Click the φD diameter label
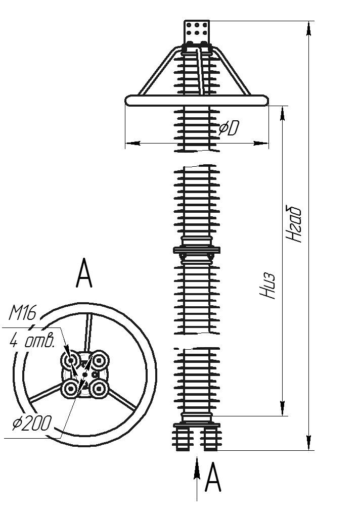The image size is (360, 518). click(228, 129)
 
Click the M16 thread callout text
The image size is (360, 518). click(23, 314)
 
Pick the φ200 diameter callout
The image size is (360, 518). click(31, 423)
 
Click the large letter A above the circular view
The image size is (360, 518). click(84, 273)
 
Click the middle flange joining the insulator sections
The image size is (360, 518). click(197, 250)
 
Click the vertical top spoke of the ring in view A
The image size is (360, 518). click(89, 332)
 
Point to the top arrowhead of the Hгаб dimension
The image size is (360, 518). click(309, 28)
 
